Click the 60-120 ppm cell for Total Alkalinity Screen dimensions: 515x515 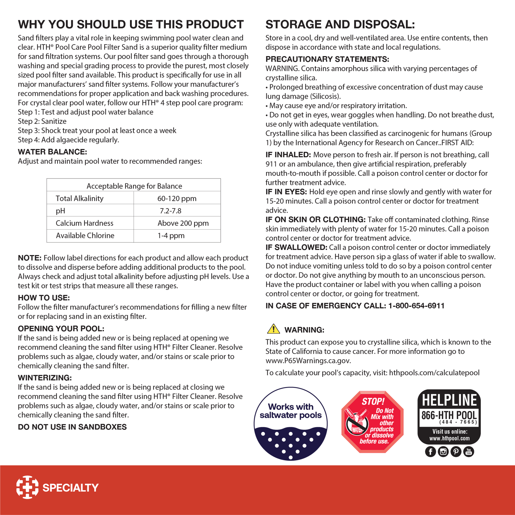177,198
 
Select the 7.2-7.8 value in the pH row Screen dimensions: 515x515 170,211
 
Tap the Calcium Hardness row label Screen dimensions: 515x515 84,223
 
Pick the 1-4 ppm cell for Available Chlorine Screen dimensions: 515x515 171,236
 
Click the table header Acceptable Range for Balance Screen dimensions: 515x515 134,186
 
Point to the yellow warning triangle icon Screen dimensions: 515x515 273,329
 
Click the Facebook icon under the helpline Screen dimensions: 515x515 430,452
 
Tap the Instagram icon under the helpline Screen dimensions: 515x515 443,452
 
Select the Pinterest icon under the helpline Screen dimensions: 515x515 456,452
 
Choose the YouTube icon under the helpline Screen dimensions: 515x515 468,452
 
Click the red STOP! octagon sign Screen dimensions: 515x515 372,422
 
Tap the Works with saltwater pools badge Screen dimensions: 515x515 291,424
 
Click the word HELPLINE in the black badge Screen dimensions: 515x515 449,400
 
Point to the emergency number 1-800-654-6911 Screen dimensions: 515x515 416,306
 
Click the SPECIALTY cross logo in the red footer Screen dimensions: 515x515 27,487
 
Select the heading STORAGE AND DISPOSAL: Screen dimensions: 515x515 340,25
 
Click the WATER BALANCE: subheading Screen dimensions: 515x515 52,152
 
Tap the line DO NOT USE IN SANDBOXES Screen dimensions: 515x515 72,427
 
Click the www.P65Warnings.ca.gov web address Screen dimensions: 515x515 308,360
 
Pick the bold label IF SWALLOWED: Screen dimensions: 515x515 296,247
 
